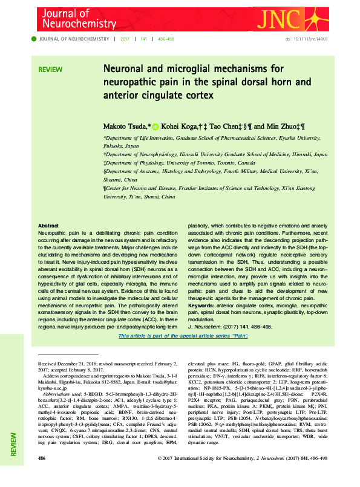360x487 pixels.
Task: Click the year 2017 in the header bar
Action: (x=125, y=39)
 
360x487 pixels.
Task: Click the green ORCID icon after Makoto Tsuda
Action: (x=155, y=126)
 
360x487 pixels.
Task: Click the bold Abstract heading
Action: (x=48, y=225)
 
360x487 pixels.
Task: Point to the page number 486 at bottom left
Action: (x=42, y=476)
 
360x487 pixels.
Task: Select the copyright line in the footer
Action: (x=241, y=476)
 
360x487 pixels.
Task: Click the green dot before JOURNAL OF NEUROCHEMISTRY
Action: (x=34, y=39)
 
